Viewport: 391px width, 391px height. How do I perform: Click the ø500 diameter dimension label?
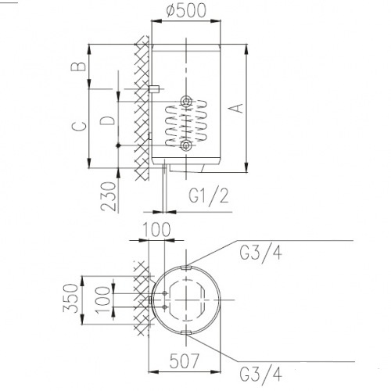click(x=186, y=11)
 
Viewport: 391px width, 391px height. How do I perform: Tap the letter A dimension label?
click(x=238, y=108)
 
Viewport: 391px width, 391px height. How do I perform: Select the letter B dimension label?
click(x=78, y=66)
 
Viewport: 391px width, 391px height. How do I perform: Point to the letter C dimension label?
click(x=79, y=126)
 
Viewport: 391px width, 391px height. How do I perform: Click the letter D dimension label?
click(x=107, y=120)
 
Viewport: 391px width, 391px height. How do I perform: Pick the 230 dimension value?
click(x=108, y=196)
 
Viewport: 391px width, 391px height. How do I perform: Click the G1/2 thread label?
click(x=209, y=196)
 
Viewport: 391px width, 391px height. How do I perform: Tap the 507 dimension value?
click(x=184, y=361)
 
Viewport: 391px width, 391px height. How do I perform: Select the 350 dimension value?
click(x=70, y=298)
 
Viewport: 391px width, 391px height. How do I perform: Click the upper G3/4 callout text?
click(x=260, y=252)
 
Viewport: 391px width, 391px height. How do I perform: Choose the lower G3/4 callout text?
click(x=260, y=374)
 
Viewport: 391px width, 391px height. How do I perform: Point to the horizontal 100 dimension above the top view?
click(x=156, y=230)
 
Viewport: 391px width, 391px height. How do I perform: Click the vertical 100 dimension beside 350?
click(x=102, y=300)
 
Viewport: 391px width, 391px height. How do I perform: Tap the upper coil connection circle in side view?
click(x=186, y=101)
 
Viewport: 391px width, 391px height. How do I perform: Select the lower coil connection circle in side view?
click(x=186, y=145)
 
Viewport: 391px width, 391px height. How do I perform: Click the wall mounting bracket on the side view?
click(x=154, y=89)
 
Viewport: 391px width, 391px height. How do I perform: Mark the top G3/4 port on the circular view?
click(x=186, y=267)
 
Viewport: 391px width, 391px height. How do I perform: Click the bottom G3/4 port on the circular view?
click(x=186, y=332)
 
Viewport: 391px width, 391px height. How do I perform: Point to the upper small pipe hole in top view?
click(x=165, y=293)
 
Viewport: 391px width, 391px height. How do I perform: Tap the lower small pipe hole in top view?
click(x=165, y=307)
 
